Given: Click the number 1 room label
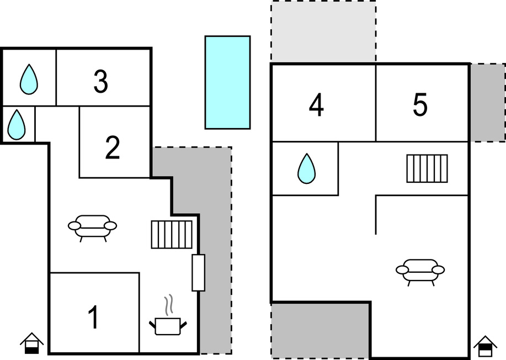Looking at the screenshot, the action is point(94,317).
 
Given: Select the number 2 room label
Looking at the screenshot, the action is point(113,147).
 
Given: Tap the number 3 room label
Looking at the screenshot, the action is point(100,81).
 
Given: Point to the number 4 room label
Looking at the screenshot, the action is point(316,105).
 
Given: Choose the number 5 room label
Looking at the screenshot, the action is point(420,104).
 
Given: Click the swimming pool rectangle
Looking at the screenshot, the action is point(227,82).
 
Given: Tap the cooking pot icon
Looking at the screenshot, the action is point(168,326).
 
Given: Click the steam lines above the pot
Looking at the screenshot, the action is point(168,305).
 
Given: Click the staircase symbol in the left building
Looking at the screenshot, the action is point(172,235).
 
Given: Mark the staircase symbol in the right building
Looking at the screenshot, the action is point(427,168).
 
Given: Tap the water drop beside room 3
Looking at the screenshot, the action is point(29,80).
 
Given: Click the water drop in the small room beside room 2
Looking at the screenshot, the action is point(17,125).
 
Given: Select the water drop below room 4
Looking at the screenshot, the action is point(307,168).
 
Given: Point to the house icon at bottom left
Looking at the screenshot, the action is point(31,343).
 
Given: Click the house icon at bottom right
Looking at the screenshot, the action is point(486,347).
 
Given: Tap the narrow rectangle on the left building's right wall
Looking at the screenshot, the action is point(199,273).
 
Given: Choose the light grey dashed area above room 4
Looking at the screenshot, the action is point(324,31).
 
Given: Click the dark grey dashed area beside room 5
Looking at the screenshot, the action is point(488,102).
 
